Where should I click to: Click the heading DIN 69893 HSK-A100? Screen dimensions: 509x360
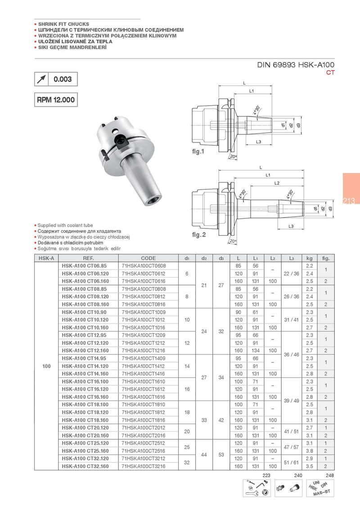(296, 65)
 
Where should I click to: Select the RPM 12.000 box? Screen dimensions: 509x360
(55, 99)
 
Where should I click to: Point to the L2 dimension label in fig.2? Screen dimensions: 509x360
(277, 183)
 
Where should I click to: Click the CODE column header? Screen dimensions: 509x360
(148, 258)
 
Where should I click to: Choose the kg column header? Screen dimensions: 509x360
(309, 258)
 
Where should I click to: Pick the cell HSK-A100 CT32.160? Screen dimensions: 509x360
(86, 466)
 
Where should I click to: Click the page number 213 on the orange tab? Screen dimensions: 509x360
(348, 201)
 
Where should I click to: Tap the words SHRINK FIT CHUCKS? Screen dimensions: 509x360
(63, 24)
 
